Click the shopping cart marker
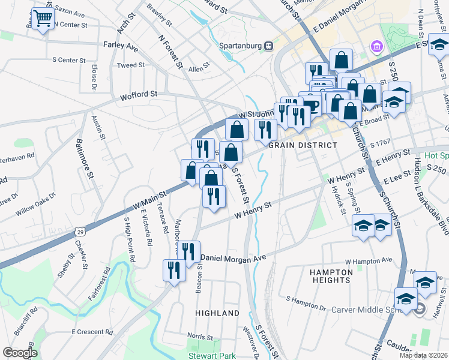click(x=42, y=19)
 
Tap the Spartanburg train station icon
click(x=270, y=45)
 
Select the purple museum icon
click(x=376, y=46)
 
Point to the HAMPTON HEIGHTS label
click(x=330, y=276)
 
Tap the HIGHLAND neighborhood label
click(x=217, y=313)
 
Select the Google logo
click(x=20, y=353)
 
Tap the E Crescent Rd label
click(x=92, y=331)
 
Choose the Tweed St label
click(x=131, y=65)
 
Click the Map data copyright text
click(x=423, y=355)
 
